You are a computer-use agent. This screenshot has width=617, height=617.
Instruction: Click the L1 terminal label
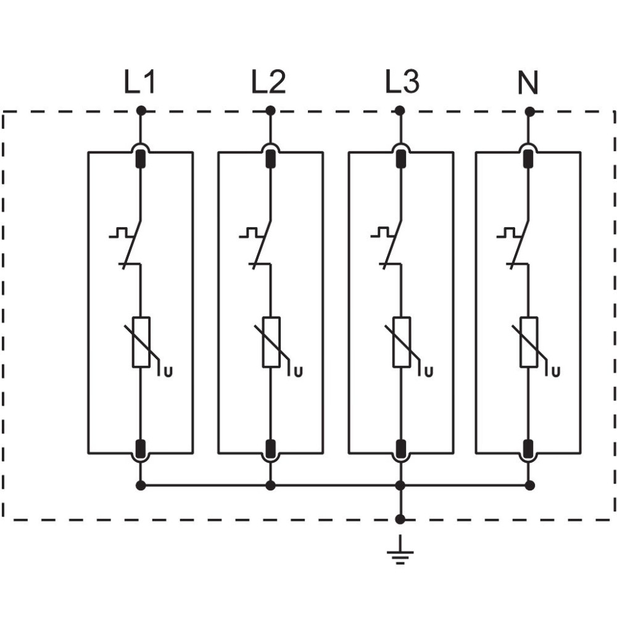[139, 82]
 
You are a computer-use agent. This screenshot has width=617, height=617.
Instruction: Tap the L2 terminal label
[269, 82]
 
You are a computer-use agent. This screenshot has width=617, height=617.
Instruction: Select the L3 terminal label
[402, 82]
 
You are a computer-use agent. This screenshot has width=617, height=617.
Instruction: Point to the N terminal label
[528, 83]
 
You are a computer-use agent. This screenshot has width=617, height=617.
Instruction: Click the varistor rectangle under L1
[141, 342]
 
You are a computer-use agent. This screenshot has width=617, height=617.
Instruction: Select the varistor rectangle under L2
[271, 342]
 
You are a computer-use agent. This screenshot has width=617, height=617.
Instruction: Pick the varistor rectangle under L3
[402, 342]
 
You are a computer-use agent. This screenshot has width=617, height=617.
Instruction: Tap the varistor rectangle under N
[529, 342]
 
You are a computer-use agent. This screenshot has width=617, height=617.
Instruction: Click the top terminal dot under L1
[141, 111]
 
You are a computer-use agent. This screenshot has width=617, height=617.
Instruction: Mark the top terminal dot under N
[530, 112]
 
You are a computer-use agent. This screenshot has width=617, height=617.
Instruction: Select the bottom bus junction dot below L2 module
[270, 485]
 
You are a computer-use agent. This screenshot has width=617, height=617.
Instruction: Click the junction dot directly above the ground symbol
[400, 519]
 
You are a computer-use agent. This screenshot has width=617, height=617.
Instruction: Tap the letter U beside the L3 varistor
[429, 372]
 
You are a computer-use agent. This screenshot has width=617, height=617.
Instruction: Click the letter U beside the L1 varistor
[168, 372]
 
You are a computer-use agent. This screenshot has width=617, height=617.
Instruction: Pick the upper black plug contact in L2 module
[270, 159]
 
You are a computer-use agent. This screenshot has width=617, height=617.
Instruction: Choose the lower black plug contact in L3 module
[400, 448]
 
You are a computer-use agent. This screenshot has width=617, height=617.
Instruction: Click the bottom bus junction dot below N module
[530, 485]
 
